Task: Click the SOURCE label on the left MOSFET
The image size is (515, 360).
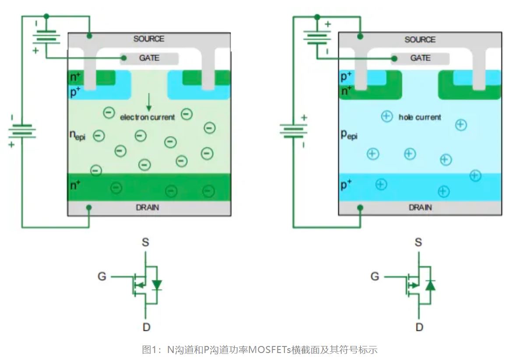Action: [x=149, y=39]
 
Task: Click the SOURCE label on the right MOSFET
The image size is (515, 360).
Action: [x=420, y=39]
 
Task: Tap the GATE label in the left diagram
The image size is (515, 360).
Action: [x=149, y=58]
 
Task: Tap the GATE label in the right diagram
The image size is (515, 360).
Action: [x=420, y=58]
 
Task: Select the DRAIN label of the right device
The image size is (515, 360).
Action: [x=420, y=207]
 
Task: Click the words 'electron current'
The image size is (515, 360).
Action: [x=147, y=117]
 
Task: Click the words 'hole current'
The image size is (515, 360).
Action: [x=420, y=117]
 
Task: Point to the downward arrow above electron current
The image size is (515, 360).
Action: [x=149, y=102]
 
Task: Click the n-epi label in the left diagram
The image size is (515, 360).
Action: [x=77, y=135]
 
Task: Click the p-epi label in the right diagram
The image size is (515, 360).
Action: [x=349, y=135]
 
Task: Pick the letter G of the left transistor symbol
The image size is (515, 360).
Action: [x=102, y=277]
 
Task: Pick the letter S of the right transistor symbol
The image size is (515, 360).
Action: [x=418, y=242]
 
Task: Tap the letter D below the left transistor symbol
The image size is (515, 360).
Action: [x=146, y=327]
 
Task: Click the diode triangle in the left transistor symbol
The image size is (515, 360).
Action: [x=157, y=285]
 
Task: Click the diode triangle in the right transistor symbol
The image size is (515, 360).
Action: [x=430, y=285]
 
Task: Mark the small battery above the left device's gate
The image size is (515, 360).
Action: [x=46, y=37]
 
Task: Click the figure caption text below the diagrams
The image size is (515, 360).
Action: [x=259, y=350]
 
